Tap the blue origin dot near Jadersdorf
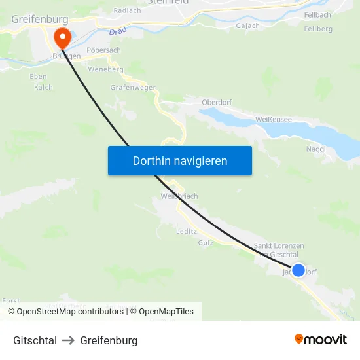pos(298,270)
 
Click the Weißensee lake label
pos(274,119)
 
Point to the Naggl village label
pos(316,149)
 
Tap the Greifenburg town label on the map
pos(39,20)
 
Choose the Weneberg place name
pos(105,69)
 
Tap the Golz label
pos(206,243)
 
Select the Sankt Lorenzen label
pos(279,246)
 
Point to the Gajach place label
pos(247,26)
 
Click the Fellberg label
pos(318,29)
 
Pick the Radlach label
pos(127,10)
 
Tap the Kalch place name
pos(43,87)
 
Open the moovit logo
pos(320,340)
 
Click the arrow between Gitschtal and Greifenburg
pos(69,340)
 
